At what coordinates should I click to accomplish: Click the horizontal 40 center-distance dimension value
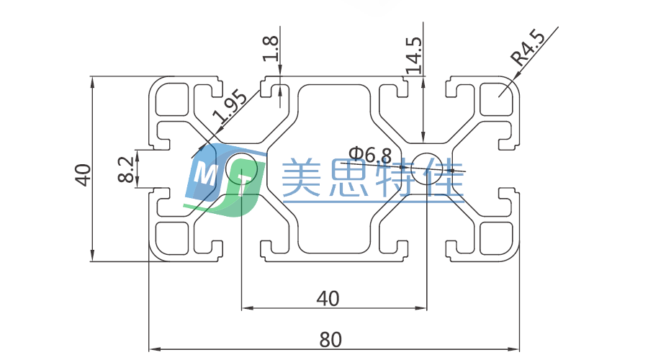328,297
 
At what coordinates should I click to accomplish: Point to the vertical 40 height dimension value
84,175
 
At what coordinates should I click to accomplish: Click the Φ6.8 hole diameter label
371,153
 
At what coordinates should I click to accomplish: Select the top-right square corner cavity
496,99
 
